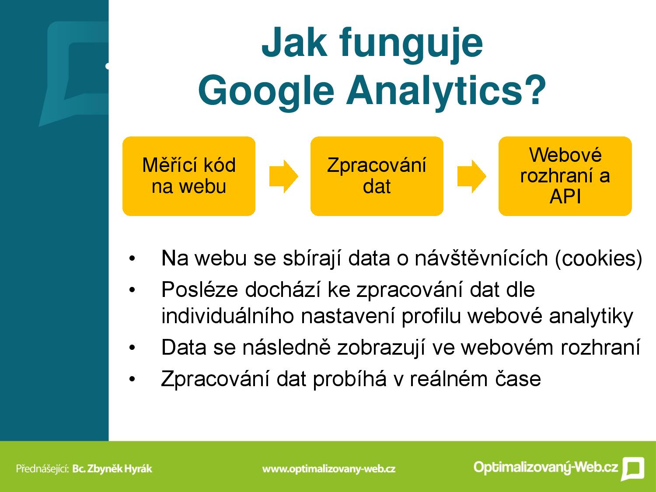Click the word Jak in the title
294,42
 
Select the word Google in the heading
266,91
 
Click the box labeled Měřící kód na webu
189,176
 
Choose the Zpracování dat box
377,176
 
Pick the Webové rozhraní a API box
565,176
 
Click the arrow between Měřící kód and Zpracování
284,176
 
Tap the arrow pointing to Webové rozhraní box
471,176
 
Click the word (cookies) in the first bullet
599,258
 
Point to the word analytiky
591,317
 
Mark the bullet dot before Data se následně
132,348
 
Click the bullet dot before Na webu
132,258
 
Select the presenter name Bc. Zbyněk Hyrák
112,468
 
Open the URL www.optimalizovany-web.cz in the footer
329,469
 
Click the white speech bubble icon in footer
633,468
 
